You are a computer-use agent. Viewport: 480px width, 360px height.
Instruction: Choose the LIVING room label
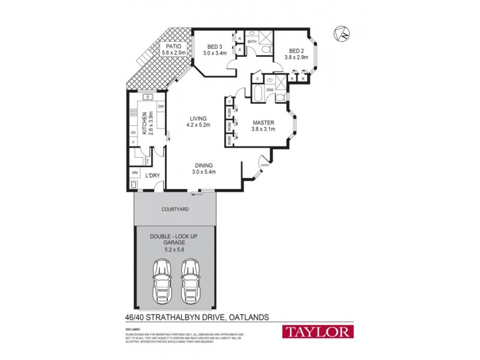point(198,118)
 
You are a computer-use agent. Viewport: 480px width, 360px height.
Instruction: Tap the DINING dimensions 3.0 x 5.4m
point(203,172)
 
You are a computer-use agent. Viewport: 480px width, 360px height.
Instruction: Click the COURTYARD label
point(175,209)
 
